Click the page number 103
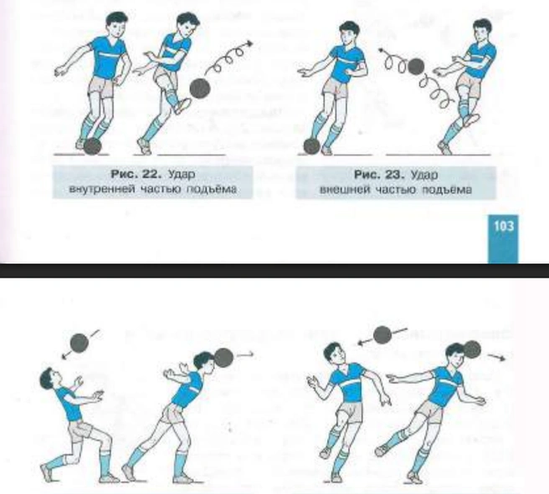504,227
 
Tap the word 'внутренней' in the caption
102,189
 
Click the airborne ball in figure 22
200,89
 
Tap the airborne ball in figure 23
416,66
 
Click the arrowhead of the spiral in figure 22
249,43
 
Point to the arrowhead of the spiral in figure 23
381,51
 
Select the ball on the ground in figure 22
92,146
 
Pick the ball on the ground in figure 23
311,146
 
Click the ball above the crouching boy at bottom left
80,343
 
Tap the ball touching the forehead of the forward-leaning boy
223,357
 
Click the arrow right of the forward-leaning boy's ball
245,354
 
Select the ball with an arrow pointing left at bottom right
382,335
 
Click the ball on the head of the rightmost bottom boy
472,349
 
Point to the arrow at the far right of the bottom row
496,357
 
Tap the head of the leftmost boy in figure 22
115,25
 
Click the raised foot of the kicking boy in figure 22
182,106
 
